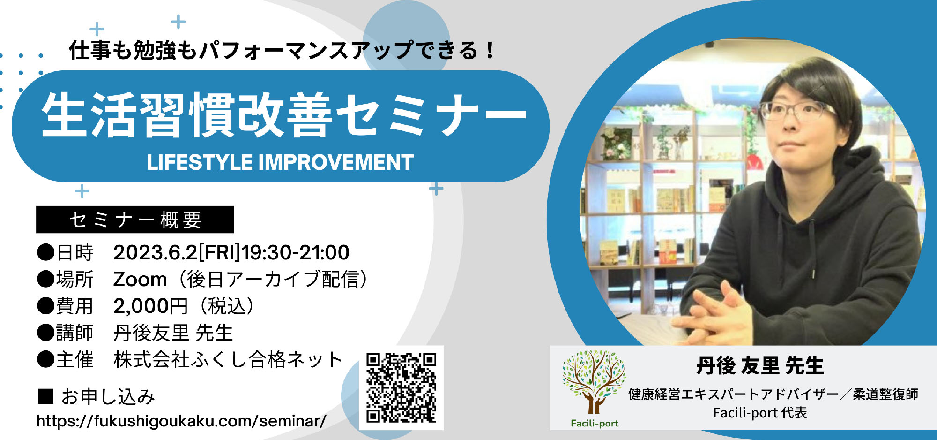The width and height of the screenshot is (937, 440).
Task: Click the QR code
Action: tap(401, 388)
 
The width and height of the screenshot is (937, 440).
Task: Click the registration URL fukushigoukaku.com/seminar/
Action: tap(181, 421)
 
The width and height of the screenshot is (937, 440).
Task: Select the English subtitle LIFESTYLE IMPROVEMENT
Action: tap(280, 162)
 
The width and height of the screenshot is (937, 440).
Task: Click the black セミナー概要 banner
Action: tap(135, 220)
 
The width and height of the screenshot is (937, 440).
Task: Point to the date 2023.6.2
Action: tap(156, 252)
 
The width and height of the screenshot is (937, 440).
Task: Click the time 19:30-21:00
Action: tap(295, 252)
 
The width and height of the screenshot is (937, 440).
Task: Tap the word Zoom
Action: tap(140, 280)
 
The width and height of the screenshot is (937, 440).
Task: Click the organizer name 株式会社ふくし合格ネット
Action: tap(228, 360)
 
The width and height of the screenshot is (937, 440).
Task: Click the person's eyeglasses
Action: tap(796, 111)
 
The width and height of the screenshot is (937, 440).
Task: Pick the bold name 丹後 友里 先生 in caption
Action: tap(760, 366)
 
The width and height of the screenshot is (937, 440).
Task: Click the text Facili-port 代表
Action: tap(760, 413)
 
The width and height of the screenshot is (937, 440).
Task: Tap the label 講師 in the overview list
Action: tap(74, 333)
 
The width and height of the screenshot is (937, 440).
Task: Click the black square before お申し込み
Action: tap(45, 396)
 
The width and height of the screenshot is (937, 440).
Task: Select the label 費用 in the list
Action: tap(74, 306)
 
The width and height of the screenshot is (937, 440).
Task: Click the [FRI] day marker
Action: tap(219, 252)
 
